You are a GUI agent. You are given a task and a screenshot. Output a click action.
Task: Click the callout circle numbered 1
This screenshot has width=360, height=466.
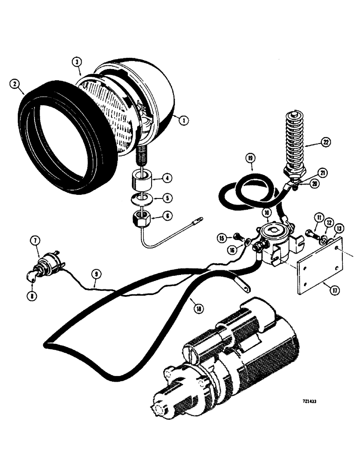[184, 120]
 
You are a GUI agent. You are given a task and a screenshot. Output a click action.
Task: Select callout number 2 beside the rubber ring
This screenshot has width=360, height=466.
[16, 84]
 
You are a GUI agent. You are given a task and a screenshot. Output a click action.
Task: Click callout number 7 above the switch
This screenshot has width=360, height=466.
[36, 240]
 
